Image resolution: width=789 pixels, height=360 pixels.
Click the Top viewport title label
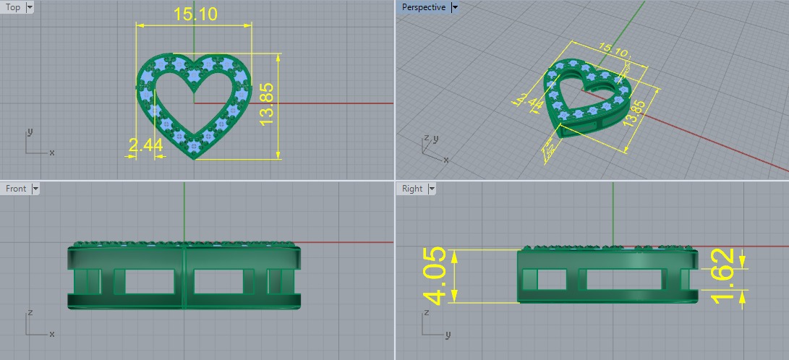[x=13, y=7]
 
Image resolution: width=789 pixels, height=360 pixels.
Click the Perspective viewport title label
[x=424, y=7]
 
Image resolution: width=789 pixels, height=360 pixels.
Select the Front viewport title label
[x=16, y=189]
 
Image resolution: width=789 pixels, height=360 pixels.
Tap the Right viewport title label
[x=412, y=189]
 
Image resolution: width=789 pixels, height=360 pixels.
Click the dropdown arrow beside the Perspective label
[x=454, y=7]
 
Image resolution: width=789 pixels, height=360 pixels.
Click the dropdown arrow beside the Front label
[x=35, y=189]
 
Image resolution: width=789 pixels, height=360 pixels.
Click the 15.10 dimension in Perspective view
[x=613, y=50]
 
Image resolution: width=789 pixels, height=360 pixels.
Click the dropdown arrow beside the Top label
[x=29, y=7]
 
